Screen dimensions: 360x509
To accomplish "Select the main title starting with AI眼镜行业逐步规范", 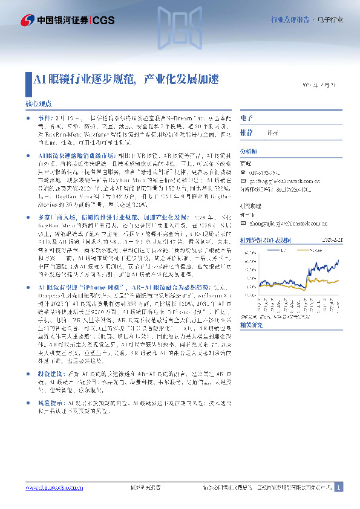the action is [125, 79].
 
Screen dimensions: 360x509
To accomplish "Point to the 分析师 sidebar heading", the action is [249, 151].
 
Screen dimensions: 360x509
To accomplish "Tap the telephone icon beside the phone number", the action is [243, 170].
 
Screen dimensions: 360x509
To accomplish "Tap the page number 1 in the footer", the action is [338, 487].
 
